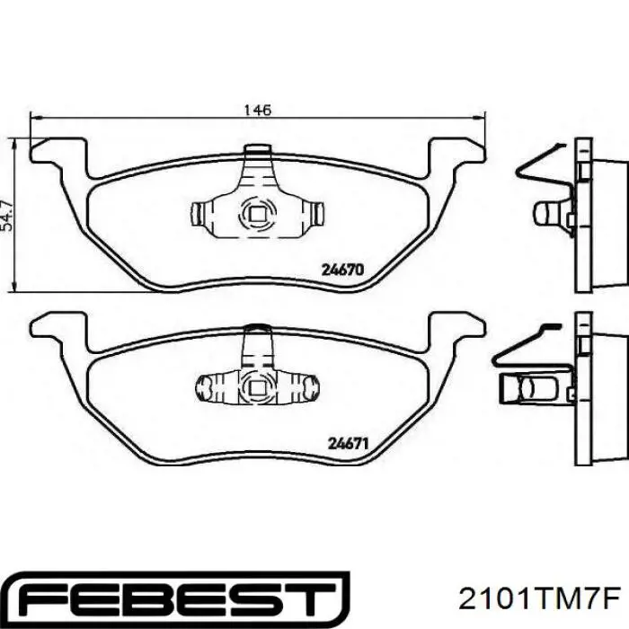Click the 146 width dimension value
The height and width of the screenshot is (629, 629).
(x=258, y=110)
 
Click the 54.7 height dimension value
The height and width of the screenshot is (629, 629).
(x=7, y=216)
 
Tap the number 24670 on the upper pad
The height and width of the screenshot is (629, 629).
(x=343, y=270)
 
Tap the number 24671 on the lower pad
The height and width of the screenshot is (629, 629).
(x=349, y=444)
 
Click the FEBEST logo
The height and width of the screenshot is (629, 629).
(x=178, y=599)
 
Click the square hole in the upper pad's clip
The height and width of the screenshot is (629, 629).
(x=257, y=214)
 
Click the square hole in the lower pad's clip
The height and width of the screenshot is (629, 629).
(x=257, y=388)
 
